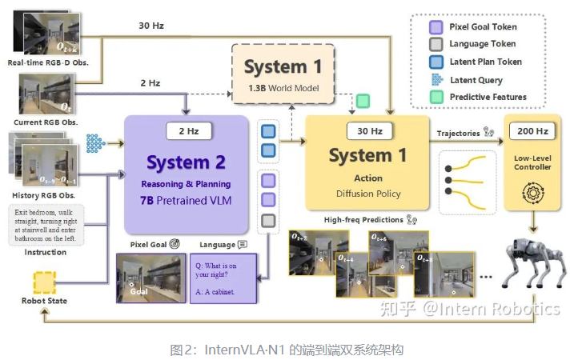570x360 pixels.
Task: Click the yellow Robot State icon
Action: [x=44, y=282]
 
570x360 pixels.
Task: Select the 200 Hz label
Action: [x=532, y=130]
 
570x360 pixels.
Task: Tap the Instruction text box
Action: [x=44, y=226]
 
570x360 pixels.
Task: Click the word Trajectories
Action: [x=457, y=133]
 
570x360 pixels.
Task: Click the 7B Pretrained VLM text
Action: [x=187, y=199]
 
